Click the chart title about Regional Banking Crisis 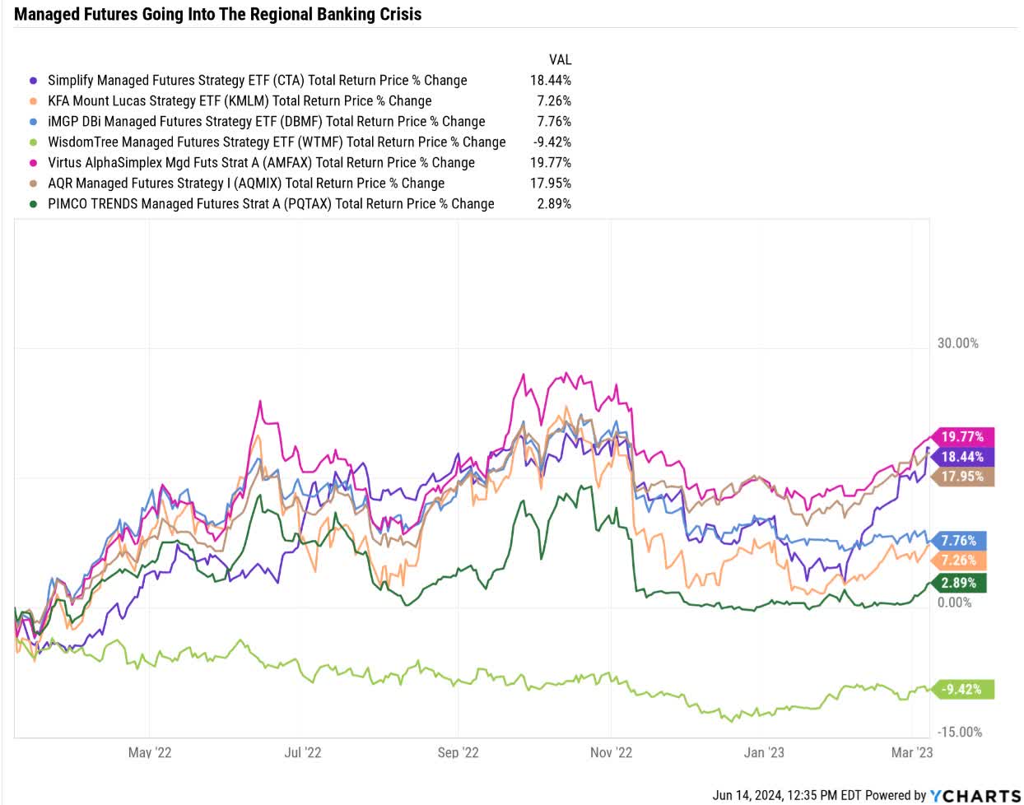click(217, 14)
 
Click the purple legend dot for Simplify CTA click(33, 81)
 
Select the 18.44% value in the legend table click(550, 81)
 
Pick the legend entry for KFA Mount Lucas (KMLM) click(239, 101)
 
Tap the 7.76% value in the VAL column click(553, 122)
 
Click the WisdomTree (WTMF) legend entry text click(277, 142)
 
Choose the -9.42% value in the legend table click(552, 142)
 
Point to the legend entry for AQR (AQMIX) click(245, 184)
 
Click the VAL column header click(560, 60)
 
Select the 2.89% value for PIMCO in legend click(553, 204)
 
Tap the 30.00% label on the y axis click(957, 343)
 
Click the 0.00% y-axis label click(955, 603)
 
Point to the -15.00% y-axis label click(959, 732)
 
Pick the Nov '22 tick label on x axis click(611, 752)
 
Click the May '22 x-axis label click(150, 752)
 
